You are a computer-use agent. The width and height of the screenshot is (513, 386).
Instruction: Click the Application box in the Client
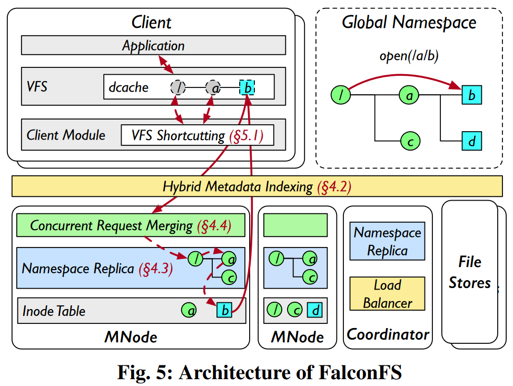[x=153, y=45]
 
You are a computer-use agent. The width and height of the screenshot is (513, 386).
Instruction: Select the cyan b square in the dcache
[x=247, y=87]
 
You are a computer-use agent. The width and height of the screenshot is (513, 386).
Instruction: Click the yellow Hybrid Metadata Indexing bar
[x=256, y=186]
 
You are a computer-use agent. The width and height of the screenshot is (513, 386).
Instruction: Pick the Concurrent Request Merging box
[x=131, y=225]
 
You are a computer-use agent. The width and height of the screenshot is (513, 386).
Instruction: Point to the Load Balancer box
[x=388, y=294]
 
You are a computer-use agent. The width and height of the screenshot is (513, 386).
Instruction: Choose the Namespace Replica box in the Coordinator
[x=388, y=241]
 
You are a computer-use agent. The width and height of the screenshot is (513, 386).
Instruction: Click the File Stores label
[x=469, y=272]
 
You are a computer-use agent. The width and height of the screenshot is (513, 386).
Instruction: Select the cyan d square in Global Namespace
[x=472, y=141]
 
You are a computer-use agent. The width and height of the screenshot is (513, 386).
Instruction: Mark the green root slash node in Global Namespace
[x=341, y=95]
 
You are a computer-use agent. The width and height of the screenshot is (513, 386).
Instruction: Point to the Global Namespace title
[x=409, y=23]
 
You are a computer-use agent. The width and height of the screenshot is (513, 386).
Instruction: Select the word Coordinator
[x=388, y=334]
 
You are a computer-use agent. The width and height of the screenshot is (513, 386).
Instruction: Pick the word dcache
[x=129, y=87]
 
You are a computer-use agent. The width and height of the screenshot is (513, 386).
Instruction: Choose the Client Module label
[x=66, y=135]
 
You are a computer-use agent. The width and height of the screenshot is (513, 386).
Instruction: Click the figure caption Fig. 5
[x=260, y=372]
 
